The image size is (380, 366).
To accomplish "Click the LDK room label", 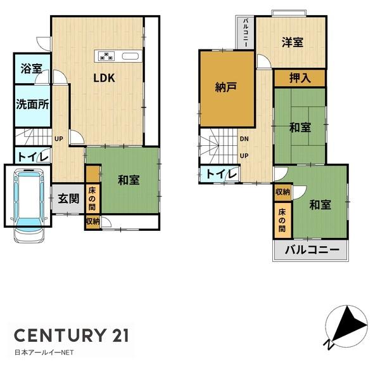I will point(104,79).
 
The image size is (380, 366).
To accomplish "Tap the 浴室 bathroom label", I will point(31,69).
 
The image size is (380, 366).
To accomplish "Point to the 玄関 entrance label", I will point(69,199).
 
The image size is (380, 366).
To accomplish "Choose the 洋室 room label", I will point(292,42).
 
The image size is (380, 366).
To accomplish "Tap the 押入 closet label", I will point(300,79).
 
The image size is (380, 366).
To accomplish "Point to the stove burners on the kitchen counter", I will point(105,55).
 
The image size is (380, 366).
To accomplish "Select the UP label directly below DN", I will point(244,156).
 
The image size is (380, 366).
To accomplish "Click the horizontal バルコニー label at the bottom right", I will point(310,249).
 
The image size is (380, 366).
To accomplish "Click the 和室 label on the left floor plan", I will point(129,180).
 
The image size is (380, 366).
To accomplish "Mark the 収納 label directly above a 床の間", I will point(282,192).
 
